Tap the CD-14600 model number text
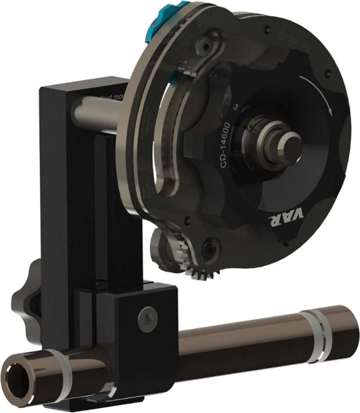(x=225, y=143)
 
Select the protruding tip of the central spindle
(x=289, y=140)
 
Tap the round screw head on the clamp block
(x=147, y=314)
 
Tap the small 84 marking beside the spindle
(x=235, y=107)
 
